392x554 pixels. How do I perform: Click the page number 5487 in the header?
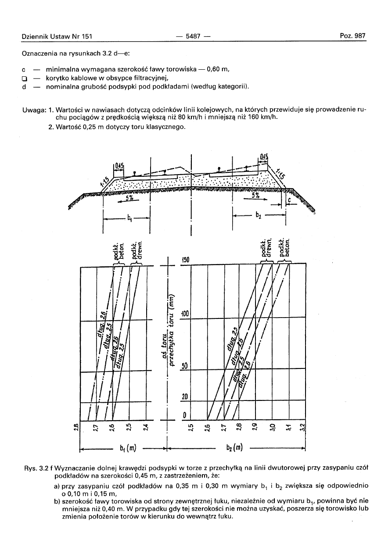tap(193, 36)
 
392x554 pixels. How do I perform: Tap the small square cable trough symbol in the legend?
tap(25, 79)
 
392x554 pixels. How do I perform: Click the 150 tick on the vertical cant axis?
tap(186, 260)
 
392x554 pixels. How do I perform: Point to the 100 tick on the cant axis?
tap(185, 315)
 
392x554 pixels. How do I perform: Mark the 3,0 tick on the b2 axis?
tap(273, 426)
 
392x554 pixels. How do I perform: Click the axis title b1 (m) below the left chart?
tap(128, 448)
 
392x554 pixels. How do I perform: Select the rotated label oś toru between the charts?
tap(163, 347)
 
